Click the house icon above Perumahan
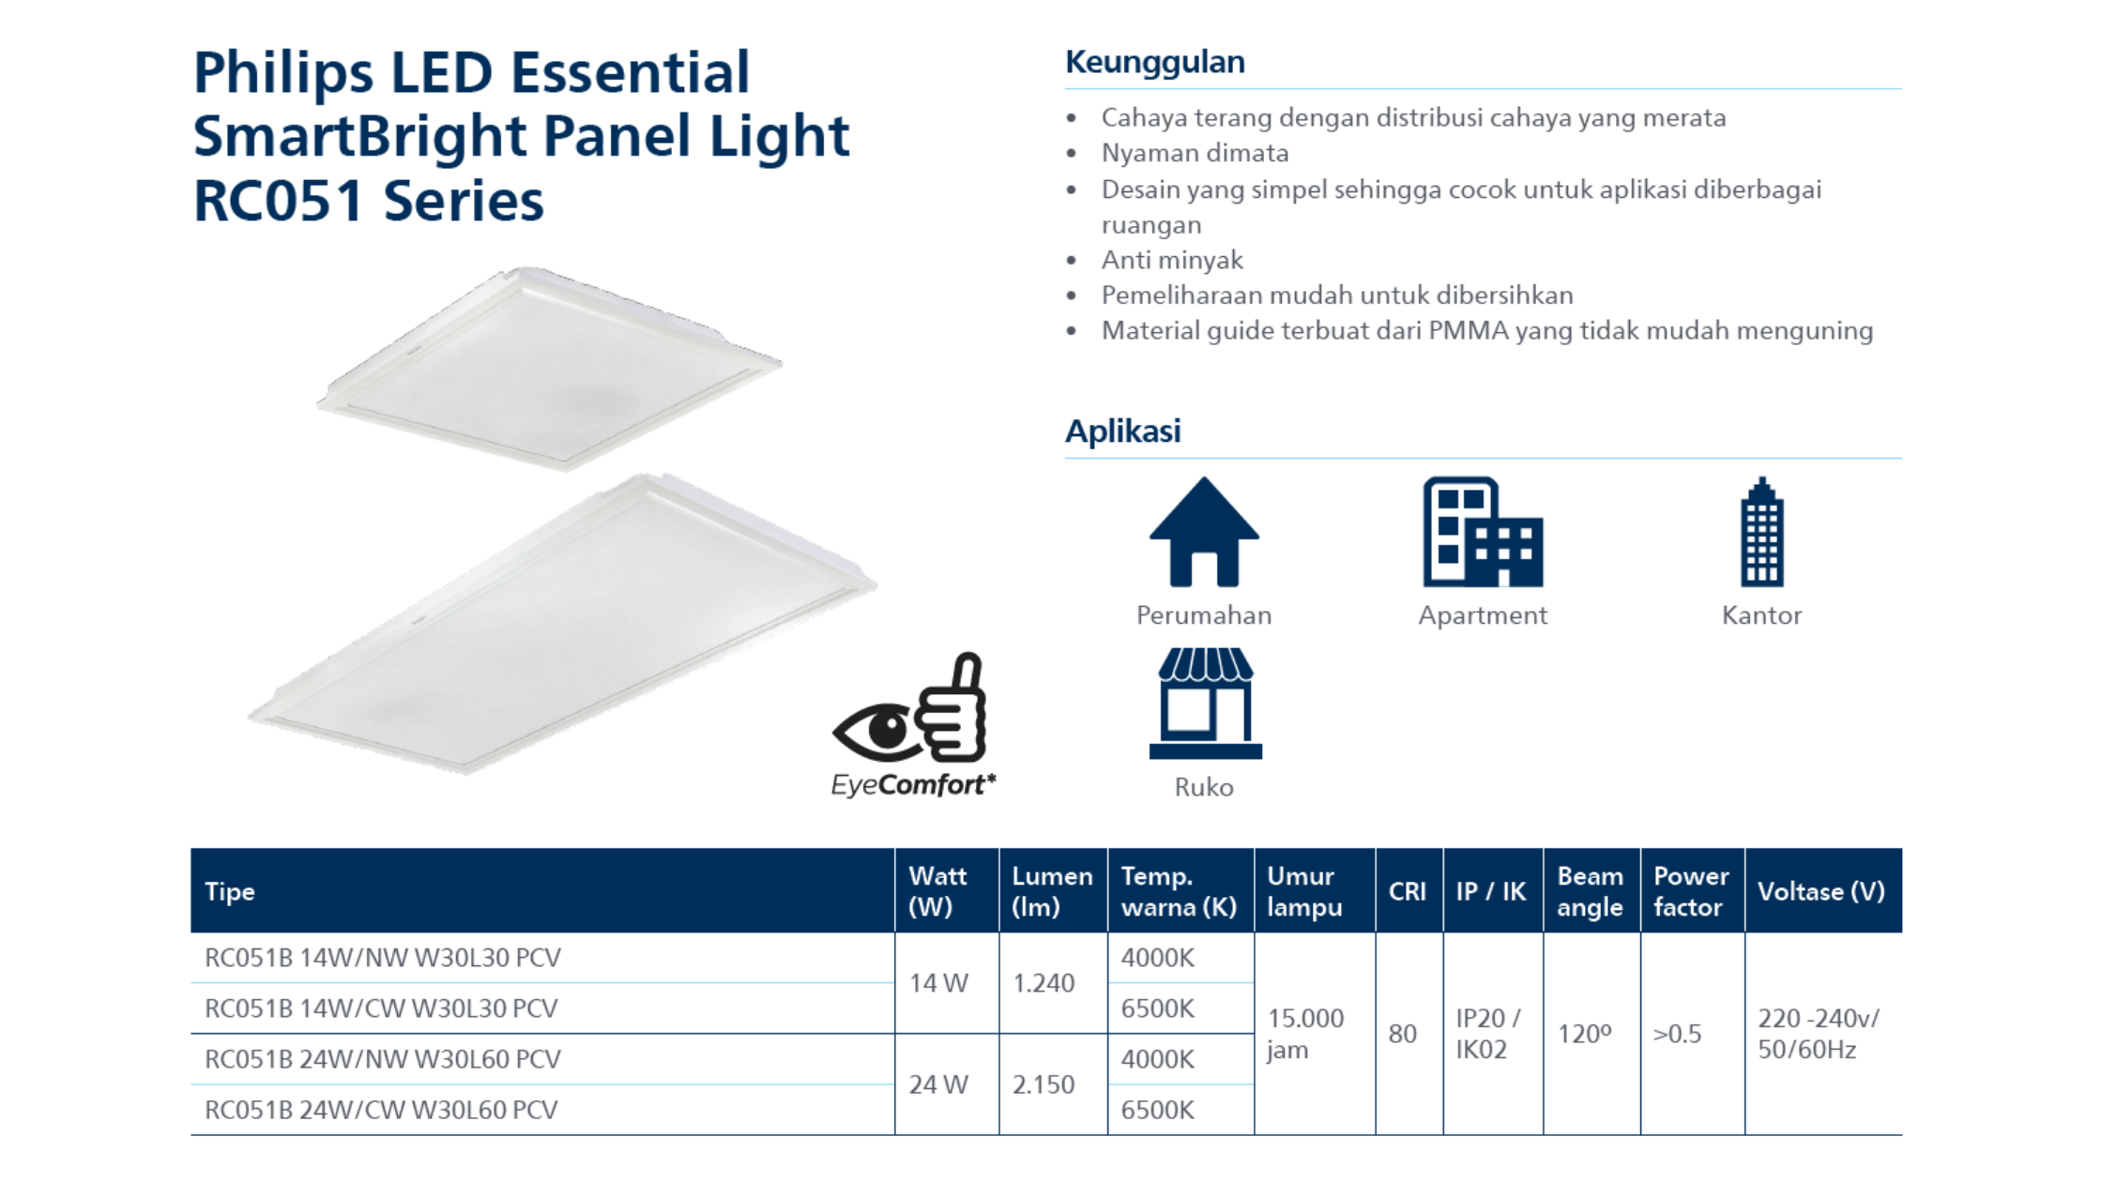tap(1204, 532)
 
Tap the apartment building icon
tap(1483, 532)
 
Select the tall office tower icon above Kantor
tap(1761, 532)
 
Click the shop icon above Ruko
tap(1205, 704)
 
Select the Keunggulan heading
tap(1155, 62)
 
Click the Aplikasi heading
tap(1122, 431)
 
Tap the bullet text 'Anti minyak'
tap(1172, 260)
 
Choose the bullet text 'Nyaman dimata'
tap(1195, 153)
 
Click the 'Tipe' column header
tap(230, 891)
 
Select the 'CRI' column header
tap(1408, 891)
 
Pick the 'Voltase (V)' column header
tap(1820, 891)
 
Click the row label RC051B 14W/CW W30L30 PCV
tap(381, 1008)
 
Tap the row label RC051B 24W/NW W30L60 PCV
tap(382, 1059)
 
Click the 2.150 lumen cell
tap(1043, 1084)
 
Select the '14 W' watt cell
tap(938, 983)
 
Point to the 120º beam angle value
tap(1585, 1034)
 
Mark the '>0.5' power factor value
tap(1677, 1034)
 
